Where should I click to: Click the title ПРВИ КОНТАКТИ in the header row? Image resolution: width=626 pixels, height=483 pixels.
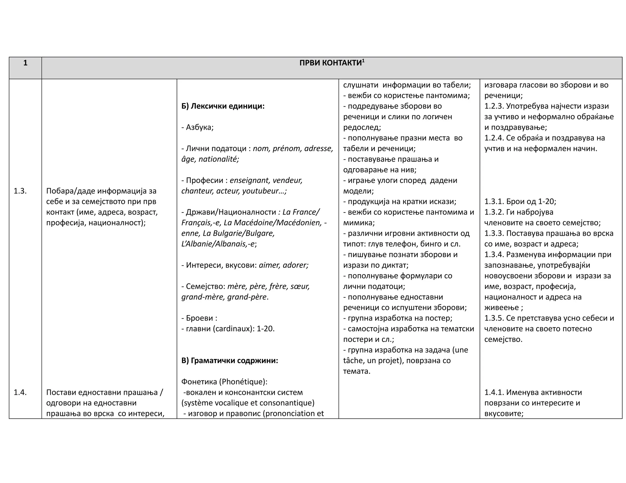coord(330,63)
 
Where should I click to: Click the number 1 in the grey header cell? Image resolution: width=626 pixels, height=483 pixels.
coord(25,63)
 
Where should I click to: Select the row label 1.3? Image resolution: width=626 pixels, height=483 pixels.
coord(20,191)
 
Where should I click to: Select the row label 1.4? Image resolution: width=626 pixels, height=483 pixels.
coord(20,392)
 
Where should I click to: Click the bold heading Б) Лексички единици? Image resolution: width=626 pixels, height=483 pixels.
coord(223,106)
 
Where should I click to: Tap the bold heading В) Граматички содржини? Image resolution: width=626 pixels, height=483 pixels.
coord(230,361)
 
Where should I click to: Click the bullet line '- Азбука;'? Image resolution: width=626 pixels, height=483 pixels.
coord(197,127)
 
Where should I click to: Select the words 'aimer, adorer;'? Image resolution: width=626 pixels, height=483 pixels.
coord(283,265)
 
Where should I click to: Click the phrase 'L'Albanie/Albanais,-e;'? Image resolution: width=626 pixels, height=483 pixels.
coord(219,244)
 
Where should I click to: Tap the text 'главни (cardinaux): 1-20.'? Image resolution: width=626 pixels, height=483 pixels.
coord(230,329)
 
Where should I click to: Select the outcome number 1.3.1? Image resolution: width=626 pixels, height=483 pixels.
coord(494,202)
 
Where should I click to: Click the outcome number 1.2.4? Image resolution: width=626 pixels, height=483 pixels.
coord(494,138)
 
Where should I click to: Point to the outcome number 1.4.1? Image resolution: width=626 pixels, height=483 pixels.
coord(494,392)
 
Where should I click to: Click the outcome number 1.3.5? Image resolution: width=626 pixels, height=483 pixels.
coord(494,318)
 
